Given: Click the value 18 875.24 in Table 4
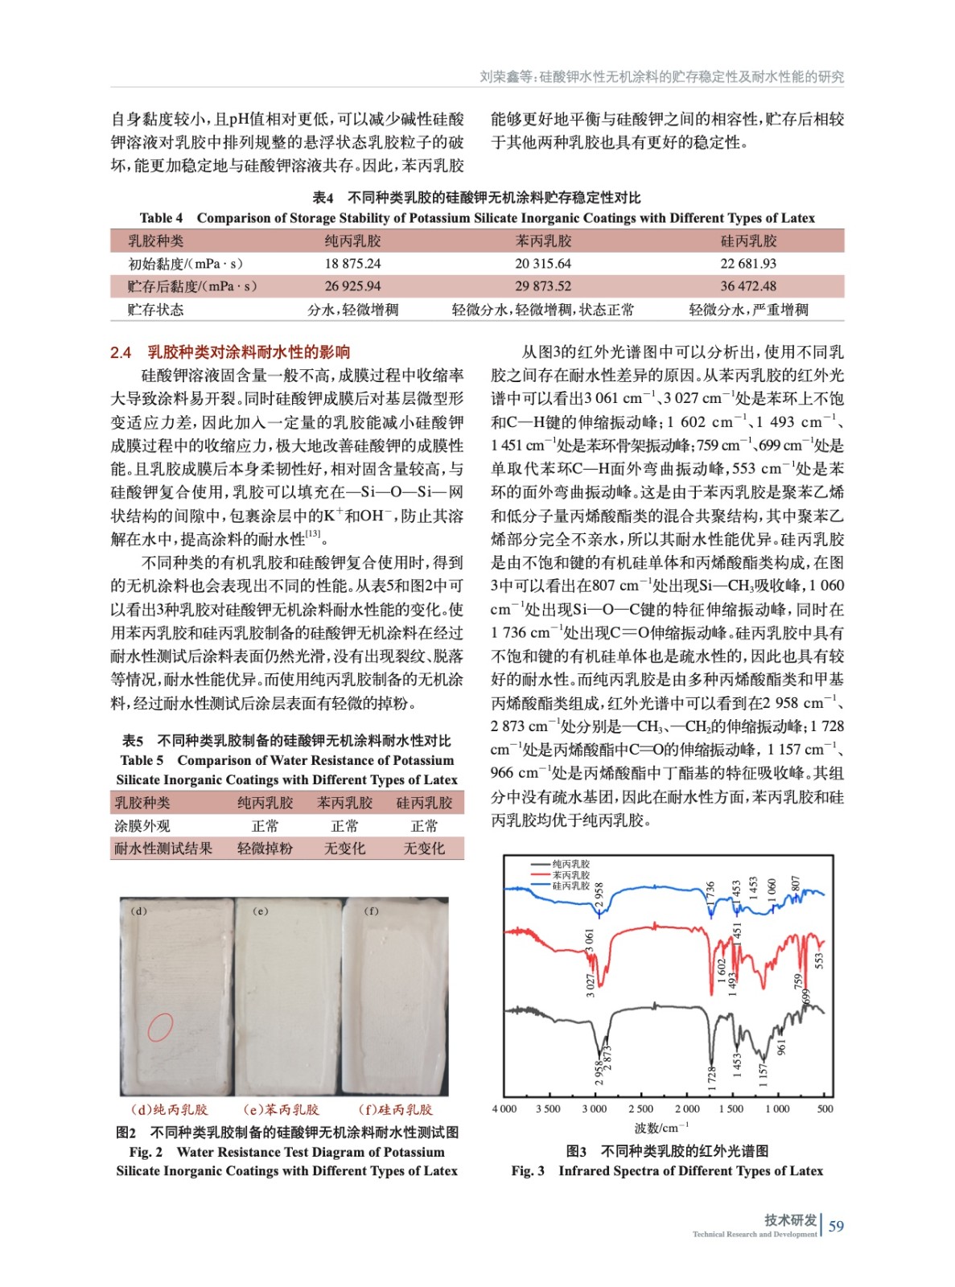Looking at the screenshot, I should pyautogui.click(x=352, y=264).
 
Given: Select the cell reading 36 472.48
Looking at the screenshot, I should pyautogui.click(x=748, y=286).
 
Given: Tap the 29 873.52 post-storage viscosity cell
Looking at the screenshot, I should pyautogui.click(x=543, y=286).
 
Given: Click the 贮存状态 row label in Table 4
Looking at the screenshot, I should pyautogui.click(x=155, y=310).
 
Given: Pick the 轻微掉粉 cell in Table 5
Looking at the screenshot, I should pyautogui.click(x=265, y=849).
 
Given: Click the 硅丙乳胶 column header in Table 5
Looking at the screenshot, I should pyautogui.click(x=424, y=803).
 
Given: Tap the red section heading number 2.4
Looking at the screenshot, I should pyautogui.click(x=121, y=352).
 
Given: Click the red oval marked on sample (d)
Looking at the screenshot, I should pyautogui.click(x=160, y=1026).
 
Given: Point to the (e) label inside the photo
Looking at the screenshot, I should pyautogui.click(x=261, y=911).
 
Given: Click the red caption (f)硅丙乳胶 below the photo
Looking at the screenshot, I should pyautogui.click(x=395, y=1110).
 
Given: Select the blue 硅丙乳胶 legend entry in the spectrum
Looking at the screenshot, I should pyautogui.click(x=570, y=886).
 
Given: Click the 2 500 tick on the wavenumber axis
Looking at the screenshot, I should pyautogui.click(x=640, y=1109).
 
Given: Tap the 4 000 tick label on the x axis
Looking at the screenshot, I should pyautogui.click(x=504, y=1109).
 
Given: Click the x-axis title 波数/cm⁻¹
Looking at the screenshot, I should pyautogui.click(x=661, y=1128).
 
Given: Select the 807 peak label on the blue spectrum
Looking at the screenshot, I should pyautogui.click(x=796, y=884).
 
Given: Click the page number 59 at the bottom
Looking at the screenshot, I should pyautogui.click(x=836, y=1226).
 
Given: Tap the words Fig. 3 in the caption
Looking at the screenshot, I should pyautogui.click(x=528, y=1171).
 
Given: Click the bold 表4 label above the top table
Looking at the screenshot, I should pyautogui.click(x=323, y=198).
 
